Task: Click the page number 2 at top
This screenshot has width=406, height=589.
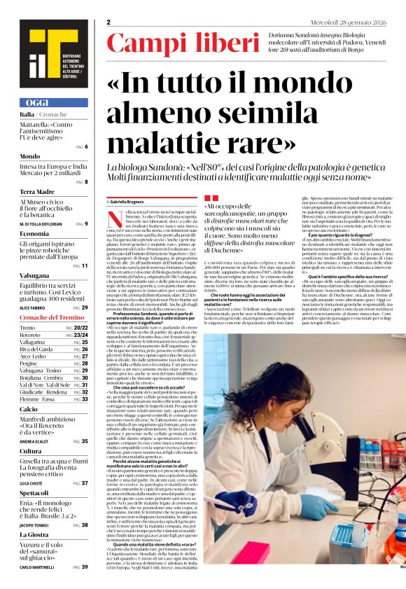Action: click(x=108, y=22)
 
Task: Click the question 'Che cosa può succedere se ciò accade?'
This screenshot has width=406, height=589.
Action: click(x=140, y=387)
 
